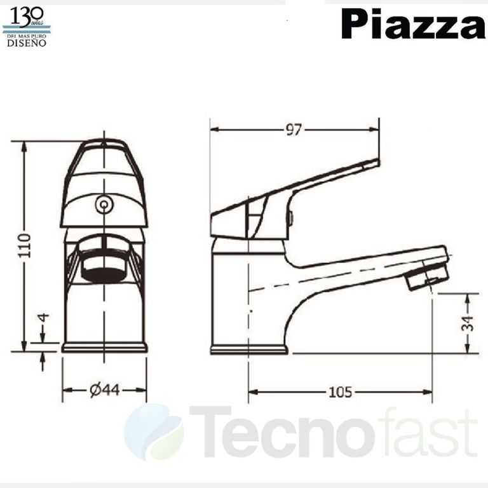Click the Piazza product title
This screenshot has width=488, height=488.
(413, 25)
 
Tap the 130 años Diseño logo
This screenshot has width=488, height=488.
(27, 27)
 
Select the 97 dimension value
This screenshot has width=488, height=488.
(293, 130)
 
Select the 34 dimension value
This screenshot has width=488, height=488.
(469, 323)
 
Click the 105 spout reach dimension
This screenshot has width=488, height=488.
(340, 392)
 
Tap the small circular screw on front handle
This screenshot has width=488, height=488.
(103, 205)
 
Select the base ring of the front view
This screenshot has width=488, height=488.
(104, 347)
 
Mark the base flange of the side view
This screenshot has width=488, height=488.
(249, 349)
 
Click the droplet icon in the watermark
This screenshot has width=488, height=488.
(153, 432)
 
